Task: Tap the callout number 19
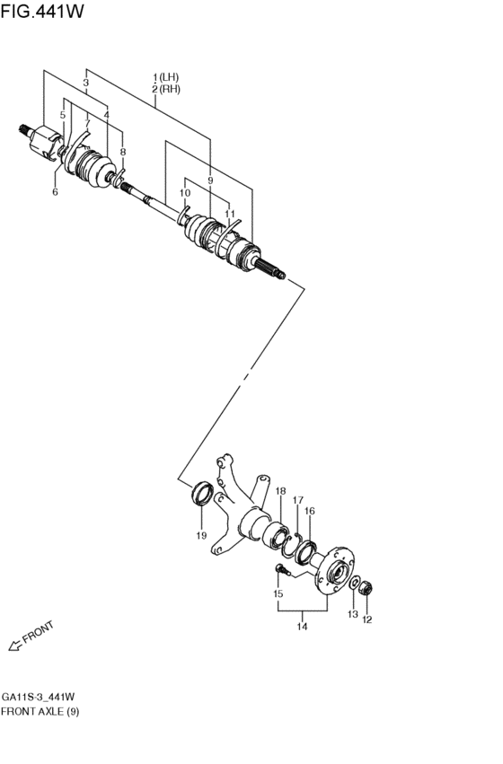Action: pos(201,536)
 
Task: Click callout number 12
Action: pos(366,619)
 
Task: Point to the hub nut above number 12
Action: pos(366,589)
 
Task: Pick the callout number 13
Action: pos(352,615)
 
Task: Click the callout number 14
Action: pos(303,627)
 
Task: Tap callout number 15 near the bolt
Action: pos(278,594)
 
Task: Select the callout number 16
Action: pos(310,512)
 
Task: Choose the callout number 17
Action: pos(298,500)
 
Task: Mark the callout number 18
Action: pos(281,491)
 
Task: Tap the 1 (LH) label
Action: pos(167,78)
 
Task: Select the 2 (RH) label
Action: pos(167,90)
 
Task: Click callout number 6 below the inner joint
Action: pos(54,192)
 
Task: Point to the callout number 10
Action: pos(185,193)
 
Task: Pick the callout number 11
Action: pos(230,215)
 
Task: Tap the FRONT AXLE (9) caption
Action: pos(40,711)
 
